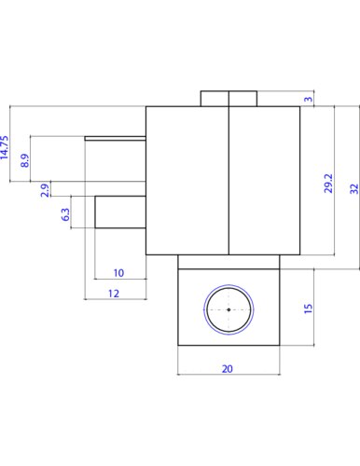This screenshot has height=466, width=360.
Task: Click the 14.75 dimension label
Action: pyautogui.click(x=5, y=147)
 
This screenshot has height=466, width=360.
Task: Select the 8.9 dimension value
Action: pyautogui.click(x=25, y=160)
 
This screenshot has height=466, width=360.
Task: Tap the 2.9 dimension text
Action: pyautogui.click(x=45, y=190)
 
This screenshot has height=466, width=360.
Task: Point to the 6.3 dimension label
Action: pyautogui.click(x=65, y=214)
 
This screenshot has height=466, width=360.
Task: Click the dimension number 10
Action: pyautogui.click(x=118, y=273)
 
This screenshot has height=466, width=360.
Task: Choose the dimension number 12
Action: pyautogui.click(x=114, y=294)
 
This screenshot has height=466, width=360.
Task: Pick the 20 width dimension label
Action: pyautogui.click(x=228, y=369)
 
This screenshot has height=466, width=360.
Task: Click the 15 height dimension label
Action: pyautogui.click(x=308, y=308)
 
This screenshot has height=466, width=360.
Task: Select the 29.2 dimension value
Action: pyautogui.click(x=328, y=184)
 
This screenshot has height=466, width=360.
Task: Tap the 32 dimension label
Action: pyautogui.click(x=354, y=189)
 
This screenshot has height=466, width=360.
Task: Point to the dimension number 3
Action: pyautogui.click(x=308, y=99)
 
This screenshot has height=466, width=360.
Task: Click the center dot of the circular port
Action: pyautogui.click(x=228, y=309)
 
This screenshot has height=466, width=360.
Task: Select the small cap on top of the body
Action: pyautogui.click(x=228, y=99)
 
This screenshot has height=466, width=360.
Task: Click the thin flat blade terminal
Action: pyautogui.click(x=116, y=138)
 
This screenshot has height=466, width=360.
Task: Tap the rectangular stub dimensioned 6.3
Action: pyautogui.click(x=120, y=212)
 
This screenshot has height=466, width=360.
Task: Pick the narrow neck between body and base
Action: pyautogui.click(x=228, y=262)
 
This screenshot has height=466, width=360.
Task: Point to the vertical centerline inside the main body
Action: pyautogui.click(x=228, y=181)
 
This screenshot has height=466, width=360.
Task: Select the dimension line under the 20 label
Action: pyautogui.click(x=228, y=375)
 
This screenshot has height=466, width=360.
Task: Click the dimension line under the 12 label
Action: pyautogui.click(x=116, y=299)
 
